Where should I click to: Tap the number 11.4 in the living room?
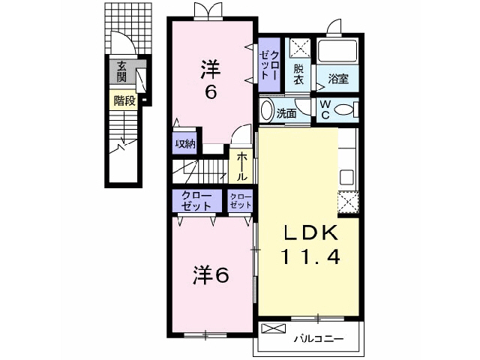[x=311, y=257]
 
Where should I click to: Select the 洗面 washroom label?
[x=286, y=114]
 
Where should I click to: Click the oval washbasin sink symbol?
[x=266, y=111]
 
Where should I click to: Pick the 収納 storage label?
[x=185, y=144]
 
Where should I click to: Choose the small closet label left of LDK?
[x=241, y=201]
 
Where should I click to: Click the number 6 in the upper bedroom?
[x=211, y=94]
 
